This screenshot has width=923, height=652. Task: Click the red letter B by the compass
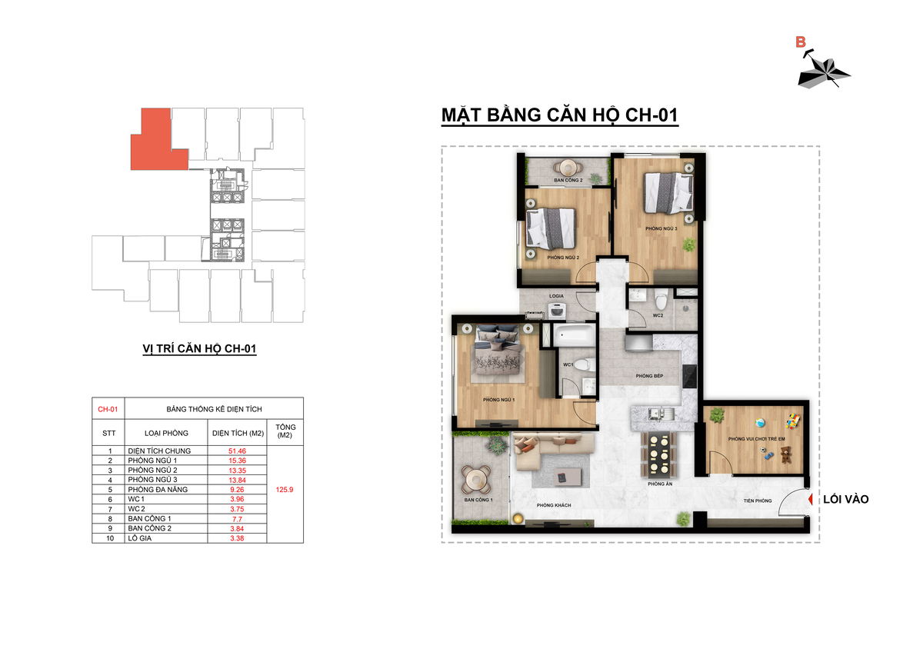(x=800, y=42)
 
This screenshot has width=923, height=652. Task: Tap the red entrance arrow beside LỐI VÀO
(x=810, y=499)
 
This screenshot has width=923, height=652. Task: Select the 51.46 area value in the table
(x=237, y=451)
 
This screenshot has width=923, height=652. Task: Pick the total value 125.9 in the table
(x=285, y=490)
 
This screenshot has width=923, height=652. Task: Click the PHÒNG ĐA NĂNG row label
(x=158, y=490)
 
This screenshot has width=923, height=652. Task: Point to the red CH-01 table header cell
(x=108, y=409)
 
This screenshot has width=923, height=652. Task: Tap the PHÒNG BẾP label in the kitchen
(x=649, y=376)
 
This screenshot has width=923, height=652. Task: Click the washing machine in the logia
(x=556, y=311)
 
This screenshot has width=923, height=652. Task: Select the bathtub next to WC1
(x=574, y=335)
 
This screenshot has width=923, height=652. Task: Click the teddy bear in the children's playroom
(x=786, y=454)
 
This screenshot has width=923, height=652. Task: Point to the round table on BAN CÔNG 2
(x=568, y=168)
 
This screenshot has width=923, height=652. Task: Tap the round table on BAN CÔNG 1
(x=476, y=480)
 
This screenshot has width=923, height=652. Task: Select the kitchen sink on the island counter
(x=656, y=413)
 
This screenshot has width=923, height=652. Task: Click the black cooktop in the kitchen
(x=689, y=377)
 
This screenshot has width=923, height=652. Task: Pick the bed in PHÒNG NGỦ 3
(x=668, y=193)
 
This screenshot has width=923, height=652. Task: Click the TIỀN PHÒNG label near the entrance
(x=758, y=501)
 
